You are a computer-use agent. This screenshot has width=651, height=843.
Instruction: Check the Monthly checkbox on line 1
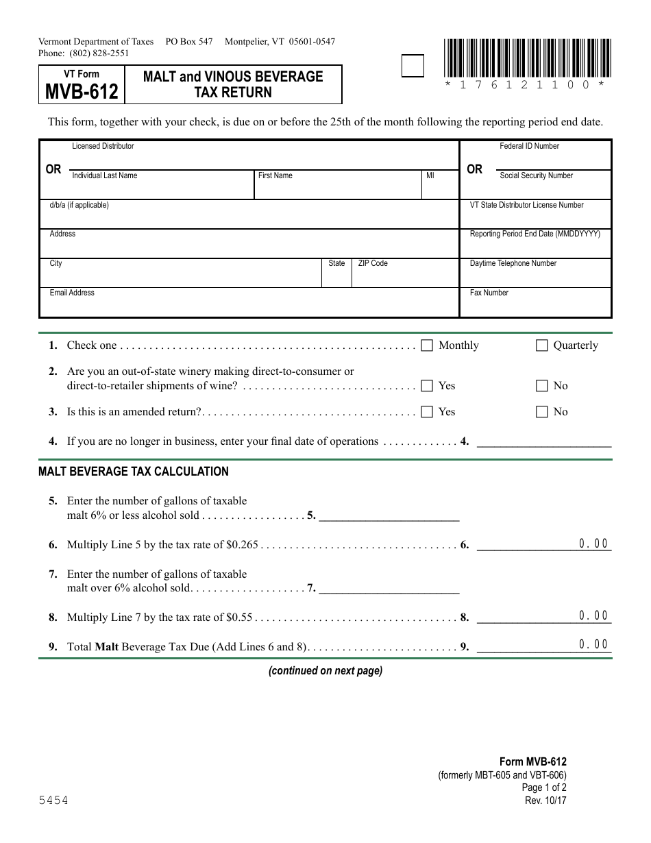pyautogui.click(x=427, y=345)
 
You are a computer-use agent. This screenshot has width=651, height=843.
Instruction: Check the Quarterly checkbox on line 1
pyautogui.click(x=541, y=345)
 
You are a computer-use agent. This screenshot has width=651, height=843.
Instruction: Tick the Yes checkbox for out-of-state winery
pyautogui.click(x=427, y=386)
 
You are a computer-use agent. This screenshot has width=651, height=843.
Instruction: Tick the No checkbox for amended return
pyautogui.click(x=541, y=412)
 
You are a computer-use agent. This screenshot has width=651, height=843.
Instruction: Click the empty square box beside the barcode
pyautogui.click(x=412, y=66)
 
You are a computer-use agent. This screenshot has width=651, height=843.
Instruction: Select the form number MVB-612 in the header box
pyautogui.click(x=82, y=91)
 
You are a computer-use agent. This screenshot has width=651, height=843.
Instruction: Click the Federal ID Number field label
pyautogui.click(x=529, y=146)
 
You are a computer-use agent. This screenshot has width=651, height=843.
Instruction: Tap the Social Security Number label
pyautogui.click(x=536, y=176)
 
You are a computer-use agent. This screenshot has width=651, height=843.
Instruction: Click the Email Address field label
pyautogui.click(x=72, y=293)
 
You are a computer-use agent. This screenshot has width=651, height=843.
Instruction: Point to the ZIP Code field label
pyautogui.click(x=373, y=264)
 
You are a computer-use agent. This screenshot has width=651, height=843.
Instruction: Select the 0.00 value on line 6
pyautogui.click(x=593, y=544)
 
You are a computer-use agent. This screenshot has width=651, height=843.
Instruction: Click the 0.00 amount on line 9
pyautogui.click(x=593, y=644)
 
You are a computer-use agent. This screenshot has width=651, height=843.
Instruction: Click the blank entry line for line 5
pyautogui.click(x=389, y=515)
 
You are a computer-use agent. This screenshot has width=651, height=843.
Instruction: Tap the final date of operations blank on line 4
pyautogui.click(x=543, y=441)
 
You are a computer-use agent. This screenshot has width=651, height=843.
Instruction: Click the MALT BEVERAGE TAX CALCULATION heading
pyautogui.click(x=134, y=472)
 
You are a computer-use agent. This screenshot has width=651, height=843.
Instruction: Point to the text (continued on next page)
pyautogui.click(x=325, y=671)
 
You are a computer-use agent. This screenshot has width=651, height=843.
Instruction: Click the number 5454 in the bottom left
pyautogui.click(x=53, y=801)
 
